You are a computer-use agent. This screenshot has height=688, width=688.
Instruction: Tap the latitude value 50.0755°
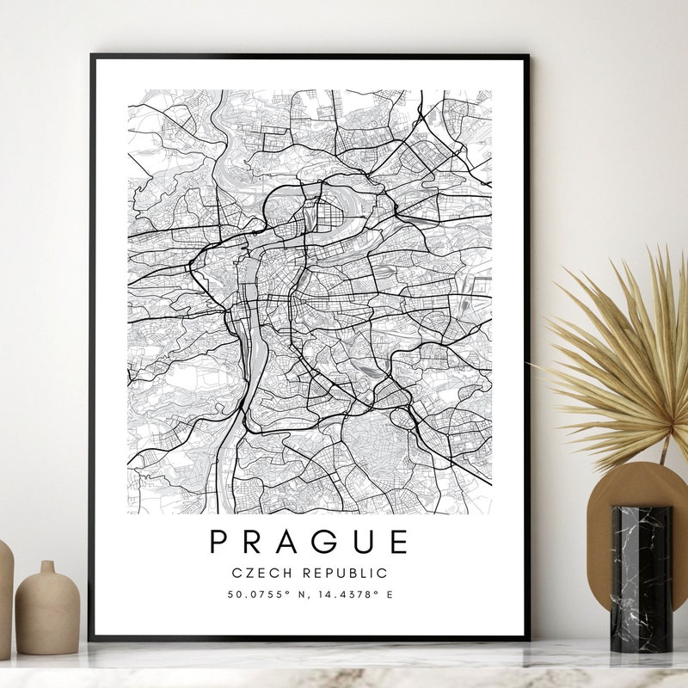[x=256, y=594]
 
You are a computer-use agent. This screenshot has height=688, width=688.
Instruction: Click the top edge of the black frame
[x=310, y=57]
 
